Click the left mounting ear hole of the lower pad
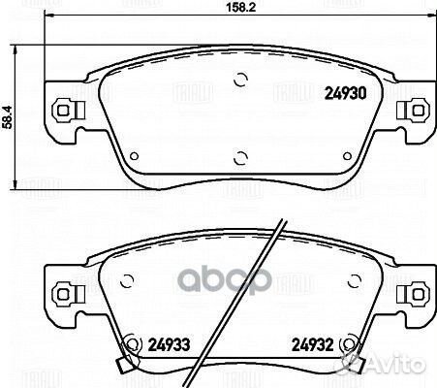tap(65, 290)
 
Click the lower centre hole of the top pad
tap(238, 151)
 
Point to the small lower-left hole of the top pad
tap(134, 156)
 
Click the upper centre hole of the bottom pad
tap(238, 261)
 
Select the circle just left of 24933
tap(130, 340)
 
